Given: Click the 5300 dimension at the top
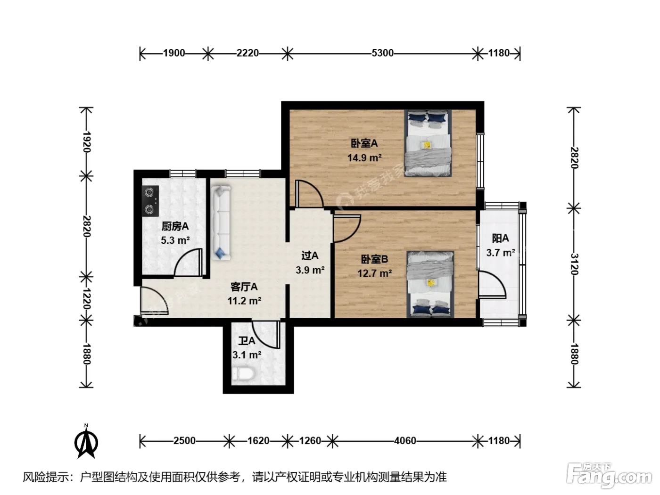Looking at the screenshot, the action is (382, 53).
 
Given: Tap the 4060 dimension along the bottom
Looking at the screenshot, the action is (405, 441).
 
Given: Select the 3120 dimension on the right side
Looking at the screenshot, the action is (574, 264).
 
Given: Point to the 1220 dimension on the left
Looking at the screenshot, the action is (87, 298).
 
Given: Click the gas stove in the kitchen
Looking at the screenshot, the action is (150, 201).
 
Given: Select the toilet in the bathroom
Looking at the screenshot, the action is (243, 374).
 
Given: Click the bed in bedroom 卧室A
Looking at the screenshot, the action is (428, 143).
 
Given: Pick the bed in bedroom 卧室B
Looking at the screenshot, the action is (430, 284).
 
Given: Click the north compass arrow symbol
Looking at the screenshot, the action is (86, 441).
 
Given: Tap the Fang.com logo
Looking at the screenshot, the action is (609, 475).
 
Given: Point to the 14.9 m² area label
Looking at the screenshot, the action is (364, 157).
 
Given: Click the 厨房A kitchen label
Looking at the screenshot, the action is (175, 226).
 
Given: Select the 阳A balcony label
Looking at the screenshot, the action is (500, 239).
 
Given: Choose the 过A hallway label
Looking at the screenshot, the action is (310, 256).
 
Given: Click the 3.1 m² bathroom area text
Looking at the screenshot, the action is (247, 355).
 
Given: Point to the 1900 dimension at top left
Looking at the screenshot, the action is (174, 53).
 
